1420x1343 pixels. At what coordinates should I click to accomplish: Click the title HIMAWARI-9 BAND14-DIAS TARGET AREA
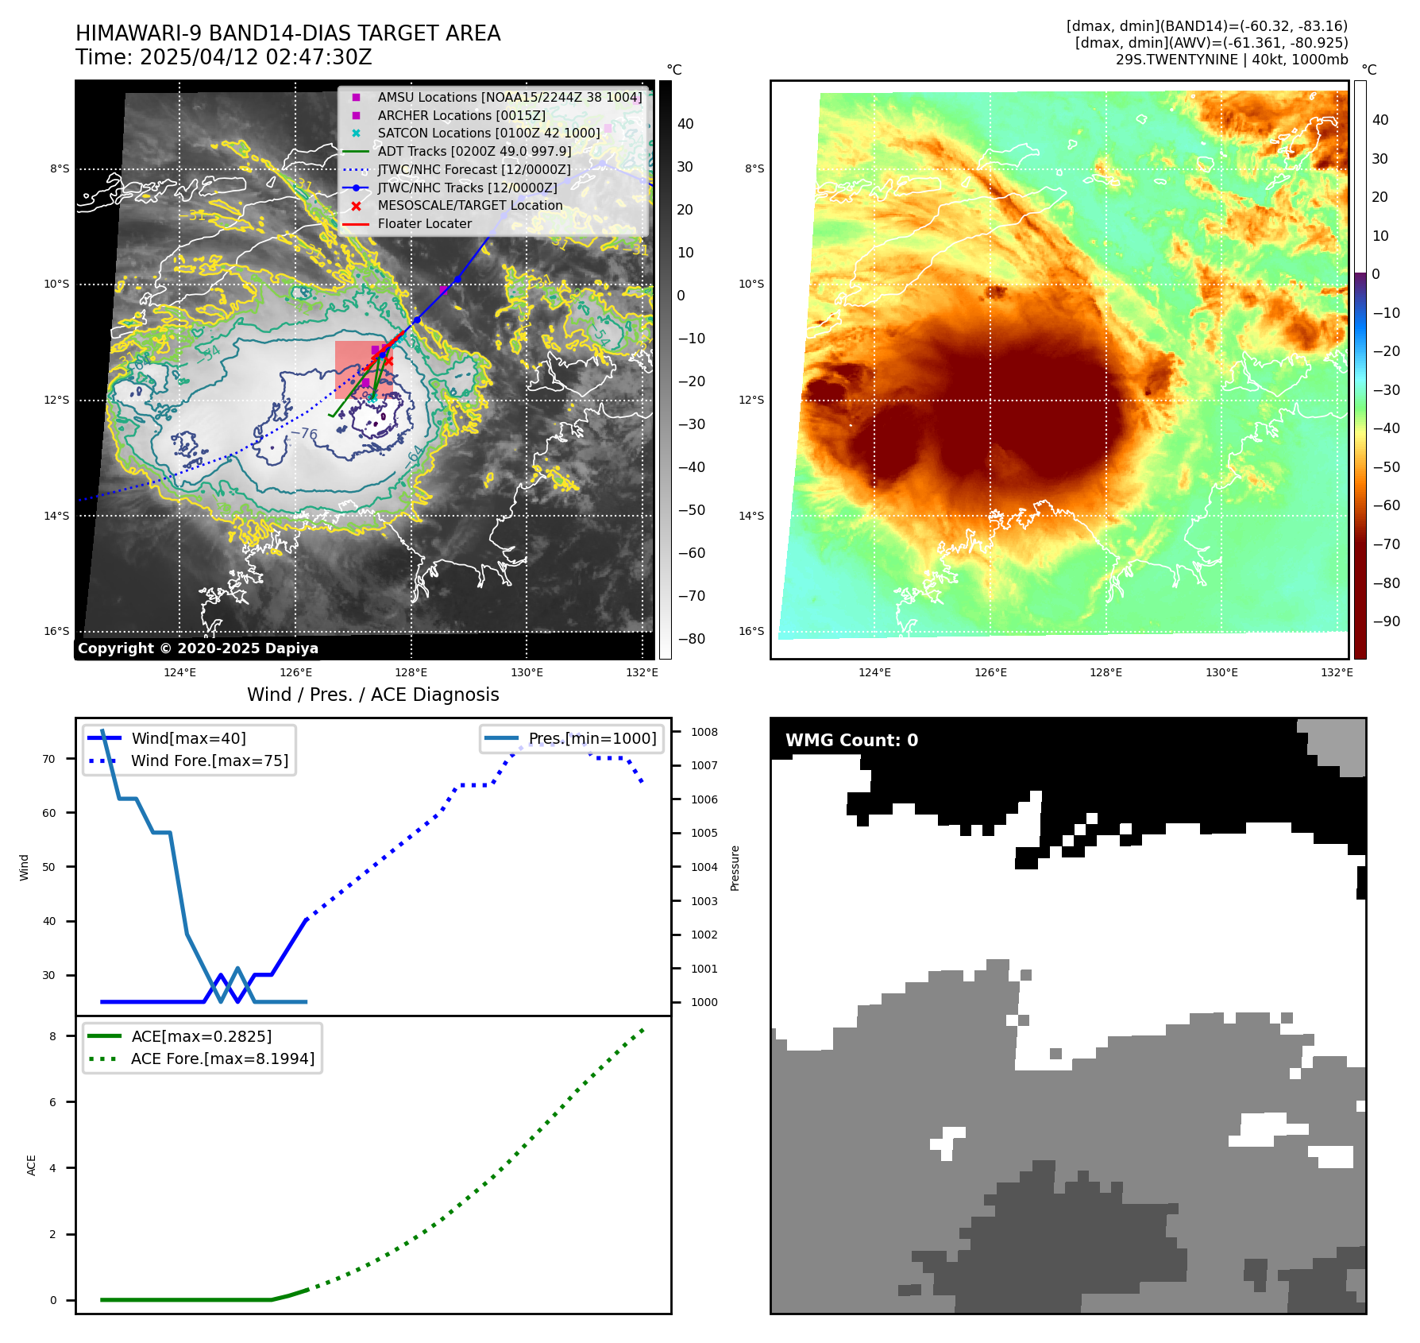[287, 33]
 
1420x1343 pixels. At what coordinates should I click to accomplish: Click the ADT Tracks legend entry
[474, 151]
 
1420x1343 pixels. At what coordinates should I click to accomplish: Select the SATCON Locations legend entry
[488, 133]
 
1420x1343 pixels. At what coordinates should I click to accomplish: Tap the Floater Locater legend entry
[424, 223]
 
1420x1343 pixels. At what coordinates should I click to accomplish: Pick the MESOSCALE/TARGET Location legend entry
[469, 205]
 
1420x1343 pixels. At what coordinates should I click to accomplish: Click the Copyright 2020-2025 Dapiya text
[198, 648]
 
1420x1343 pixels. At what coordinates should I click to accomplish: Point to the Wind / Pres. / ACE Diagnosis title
[372, 695]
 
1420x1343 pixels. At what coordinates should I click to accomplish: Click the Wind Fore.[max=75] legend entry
[210, 761]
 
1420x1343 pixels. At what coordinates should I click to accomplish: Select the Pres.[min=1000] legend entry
[592, 738]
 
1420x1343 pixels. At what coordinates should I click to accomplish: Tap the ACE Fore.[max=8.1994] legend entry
[222, 1059]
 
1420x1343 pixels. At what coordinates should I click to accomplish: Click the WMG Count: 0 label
[851, 741]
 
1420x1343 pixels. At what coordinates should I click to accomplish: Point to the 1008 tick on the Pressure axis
[704, 732]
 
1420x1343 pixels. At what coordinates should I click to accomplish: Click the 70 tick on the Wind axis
[49, 759]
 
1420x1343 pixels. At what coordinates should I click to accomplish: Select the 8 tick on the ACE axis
[53, 1036]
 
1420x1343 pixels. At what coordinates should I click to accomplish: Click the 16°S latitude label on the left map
[56, 631]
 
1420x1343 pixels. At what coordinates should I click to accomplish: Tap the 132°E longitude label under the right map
[1337, 672]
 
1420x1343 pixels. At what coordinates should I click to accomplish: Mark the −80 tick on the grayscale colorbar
[691, 638]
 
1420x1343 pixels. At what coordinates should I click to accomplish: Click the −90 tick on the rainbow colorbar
[1387, 621]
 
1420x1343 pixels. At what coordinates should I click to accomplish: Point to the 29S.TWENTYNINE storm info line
[1231, 60]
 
